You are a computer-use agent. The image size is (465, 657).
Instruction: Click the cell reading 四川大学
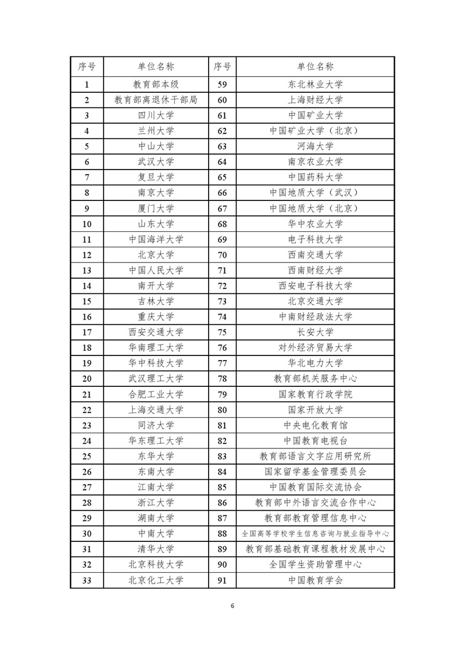pyautogui.click(x=156, y=115)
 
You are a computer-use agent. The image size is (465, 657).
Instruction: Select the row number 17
pyautogui.click(x=87, y=332)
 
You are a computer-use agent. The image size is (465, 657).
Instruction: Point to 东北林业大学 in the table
pyautogui.click(x=316, y=84)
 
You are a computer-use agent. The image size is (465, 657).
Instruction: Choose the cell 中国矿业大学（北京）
pyautogui.click(x=316, y=131)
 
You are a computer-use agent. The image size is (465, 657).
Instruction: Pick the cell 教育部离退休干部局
pyautogui.click(x=156, y=100)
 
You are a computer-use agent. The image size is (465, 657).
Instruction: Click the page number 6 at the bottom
pyautogui.click(x=233, y=606)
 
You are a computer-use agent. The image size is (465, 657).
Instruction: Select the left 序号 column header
pyautogui.click(x=87, y=67)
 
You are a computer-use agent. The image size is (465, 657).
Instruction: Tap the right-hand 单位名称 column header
pyautogui.click(x=316, y=67)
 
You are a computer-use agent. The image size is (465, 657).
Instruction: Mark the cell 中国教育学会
pyautogui.click(x=316, y=580)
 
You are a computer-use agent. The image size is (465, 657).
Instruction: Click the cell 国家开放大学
pyautogui.click(x=316, y=410)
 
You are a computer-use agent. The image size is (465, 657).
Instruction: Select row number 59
pyautogui.click(x=222, y=84)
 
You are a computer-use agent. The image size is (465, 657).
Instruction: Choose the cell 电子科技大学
pyautogui.click(x=316, y=239)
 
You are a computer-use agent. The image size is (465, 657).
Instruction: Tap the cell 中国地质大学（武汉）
pyautogui.click(x=316, y=193)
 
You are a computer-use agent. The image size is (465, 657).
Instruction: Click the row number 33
pyautogui.click(x=87, y=580)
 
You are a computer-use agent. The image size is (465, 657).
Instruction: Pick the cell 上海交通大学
pyautogui.click(x=156, y=410)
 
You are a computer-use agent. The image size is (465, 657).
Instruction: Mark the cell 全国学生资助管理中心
pyautogui.click(x=316, y=564)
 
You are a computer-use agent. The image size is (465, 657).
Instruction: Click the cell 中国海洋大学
pyautogui.click(x=156, y=239)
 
